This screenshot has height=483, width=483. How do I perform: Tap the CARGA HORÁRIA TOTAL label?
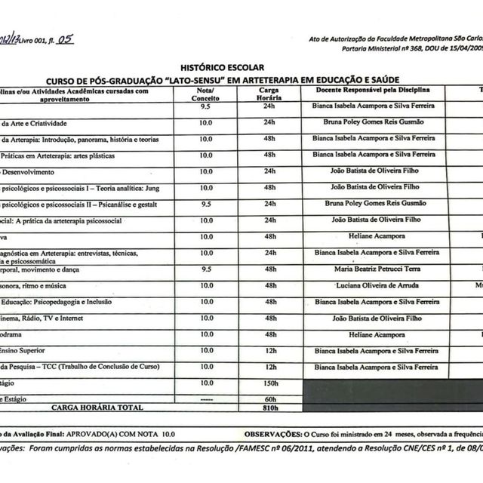point(97,408)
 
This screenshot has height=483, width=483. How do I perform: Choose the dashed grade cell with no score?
point(205,398)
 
